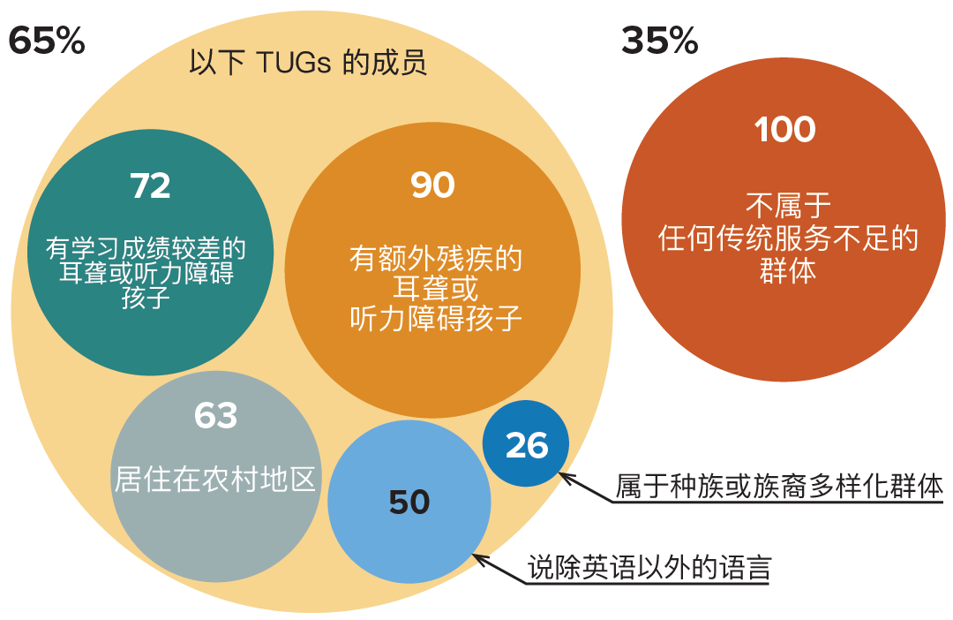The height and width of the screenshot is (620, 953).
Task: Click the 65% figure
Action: [x=46, y=42]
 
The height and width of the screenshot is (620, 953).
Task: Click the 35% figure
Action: [x=659, y=42]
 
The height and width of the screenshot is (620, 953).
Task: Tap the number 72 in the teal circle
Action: [x=150, y=185]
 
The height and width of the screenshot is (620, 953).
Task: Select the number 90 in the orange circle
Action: [x=432, y=185]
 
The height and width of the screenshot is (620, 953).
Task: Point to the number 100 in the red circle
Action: [x=785, y=130]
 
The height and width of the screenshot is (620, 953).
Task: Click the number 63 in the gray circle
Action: [x=216, y=415]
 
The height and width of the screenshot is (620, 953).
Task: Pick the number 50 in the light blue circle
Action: [x=409, y=503]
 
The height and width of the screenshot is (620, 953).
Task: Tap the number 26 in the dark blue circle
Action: [x=527, y=446]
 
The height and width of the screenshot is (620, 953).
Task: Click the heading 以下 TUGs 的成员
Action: [x=308, y=64]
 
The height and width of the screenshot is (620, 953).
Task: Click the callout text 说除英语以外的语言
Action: [x=649, y=566]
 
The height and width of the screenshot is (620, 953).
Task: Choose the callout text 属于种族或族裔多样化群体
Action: [x=779, y=487]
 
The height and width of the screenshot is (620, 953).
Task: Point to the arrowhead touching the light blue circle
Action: [x=481, y=559]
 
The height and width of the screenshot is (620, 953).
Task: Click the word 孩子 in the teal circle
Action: [x=146, y=298]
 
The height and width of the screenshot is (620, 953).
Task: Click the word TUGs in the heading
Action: [x=290, y=64]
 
